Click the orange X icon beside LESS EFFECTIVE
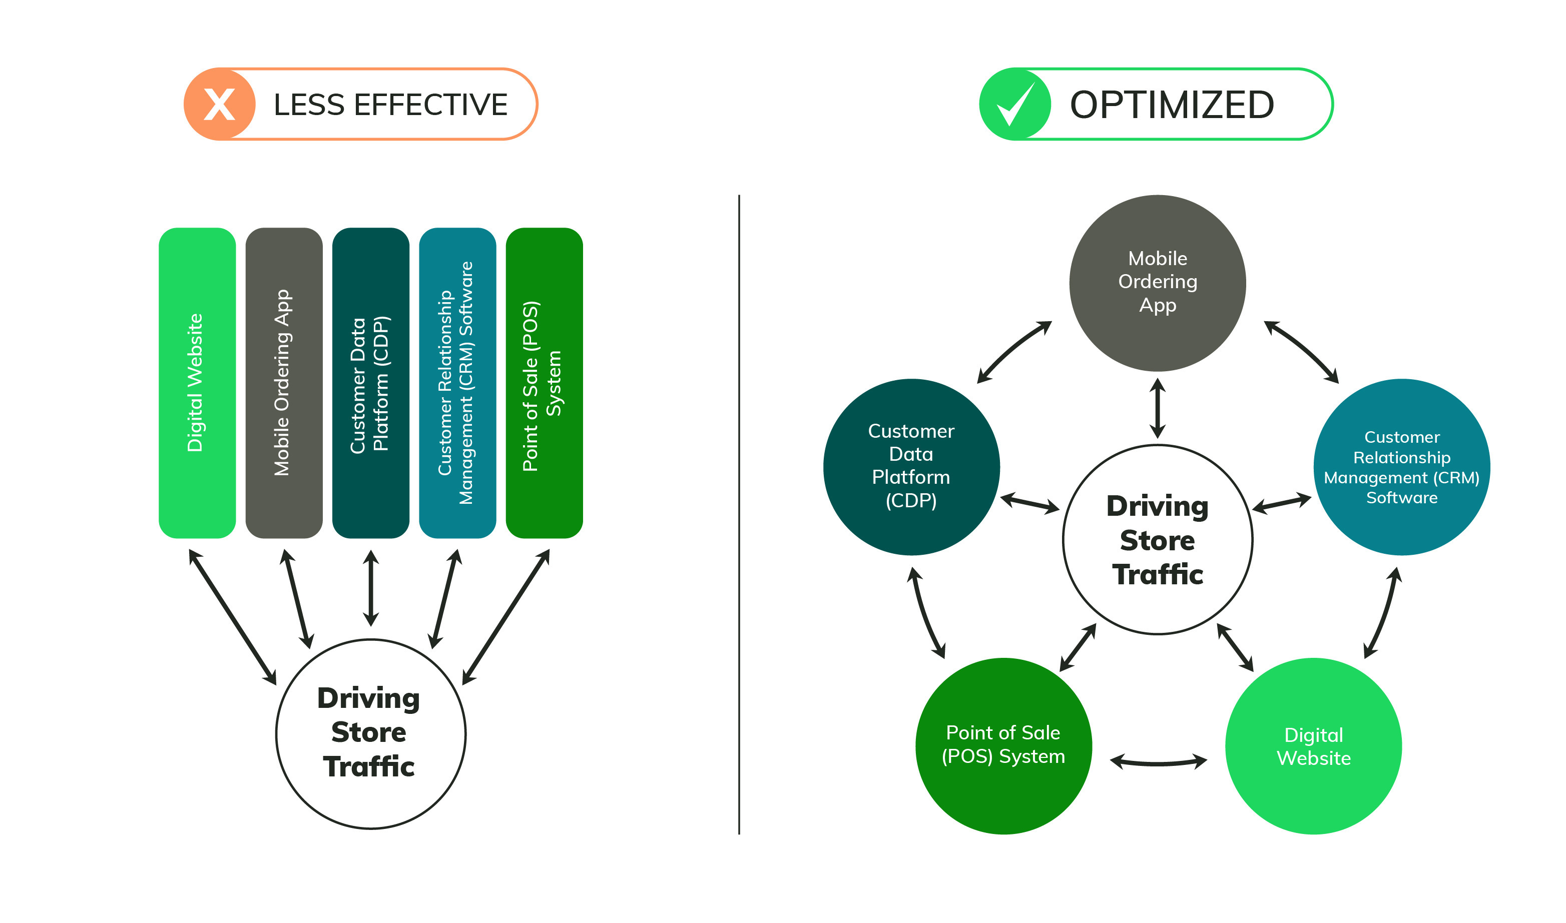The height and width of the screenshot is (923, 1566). [219, 105]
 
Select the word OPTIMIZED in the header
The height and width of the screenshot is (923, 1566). [1172, 105]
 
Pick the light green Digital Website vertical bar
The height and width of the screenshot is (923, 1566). [197, 383]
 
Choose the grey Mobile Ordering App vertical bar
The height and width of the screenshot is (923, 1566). [284, 383]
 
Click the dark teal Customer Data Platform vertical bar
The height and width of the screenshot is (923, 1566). [371, 383]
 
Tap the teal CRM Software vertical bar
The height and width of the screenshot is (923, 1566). [457, 383]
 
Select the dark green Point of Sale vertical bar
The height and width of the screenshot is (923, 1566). [545, 383]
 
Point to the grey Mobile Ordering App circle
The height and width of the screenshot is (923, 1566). [1157, 283]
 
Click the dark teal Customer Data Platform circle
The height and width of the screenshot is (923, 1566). [911, 466]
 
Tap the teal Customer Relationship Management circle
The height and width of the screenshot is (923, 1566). [1401, 466]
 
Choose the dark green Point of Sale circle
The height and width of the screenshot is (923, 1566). [1003, 746]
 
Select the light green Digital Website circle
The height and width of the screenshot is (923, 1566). [1313, 746]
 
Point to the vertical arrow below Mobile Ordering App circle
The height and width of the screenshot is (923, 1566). [1157, 408]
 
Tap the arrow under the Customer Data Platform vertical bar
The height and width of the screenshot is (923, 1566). [371, 588]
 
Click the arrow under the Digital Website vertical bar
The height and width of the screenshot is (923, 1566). [233, 617]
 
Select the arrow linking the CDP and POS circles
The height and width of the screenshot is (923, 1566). [926, 613]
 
